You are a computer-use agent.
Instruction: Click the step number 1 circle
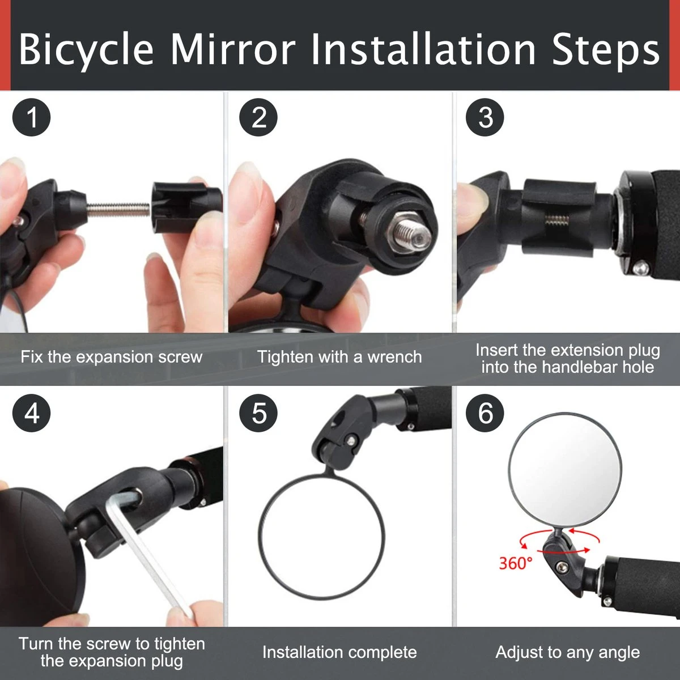pyautogui.click(x=32, y=118)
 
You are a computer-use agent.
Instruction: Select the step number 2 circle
pyautogui.click(x=258, y=118)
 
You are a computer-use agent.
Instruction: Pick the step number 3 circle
pyautogui.click(x=486, y=118)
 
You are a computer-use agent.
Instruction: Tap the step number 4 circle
pyautogui.click(x=32, y=413)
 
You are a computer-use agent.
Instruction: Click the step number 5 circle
pyautogui.click(x=258, y=413)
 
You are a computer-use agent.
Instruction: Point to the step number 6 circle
pyautogui.click(x=486, y=413)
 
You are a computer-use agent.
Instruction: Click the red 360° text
pyautogui.click(x=516, y=563)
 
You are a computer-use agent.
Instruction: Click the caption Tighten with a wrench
pyautogui.click(x=339, y=357)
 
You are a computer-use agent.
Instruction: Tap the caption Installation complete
pyautogui.click(x=339, y=652)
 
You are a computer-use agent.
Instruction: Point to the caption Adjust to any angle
pyautogui.click(x=567, y=652)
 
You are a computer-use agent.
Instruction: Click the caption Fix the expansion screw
pyautogui.click(x=112, y=357)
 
